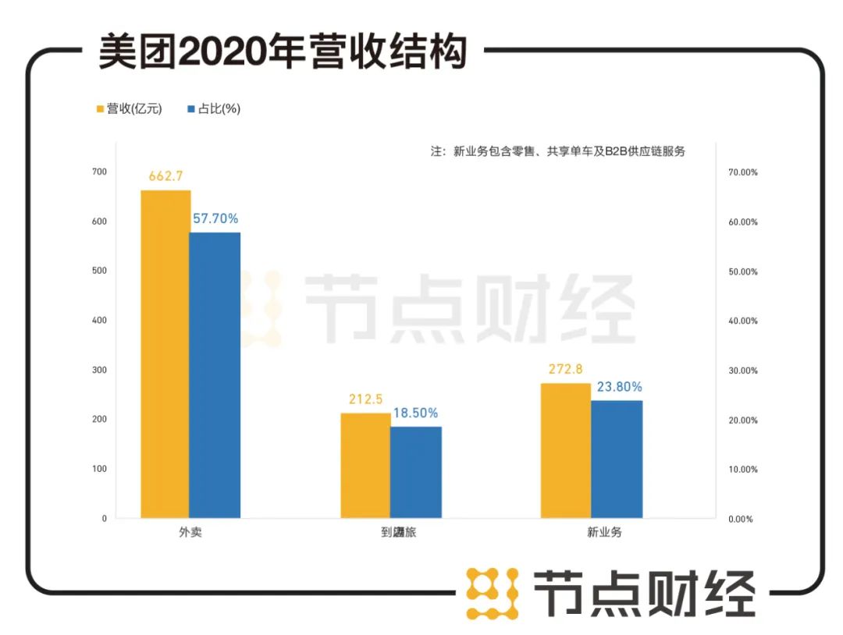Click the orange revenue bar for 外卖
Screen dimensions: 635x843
(x=165, y=354)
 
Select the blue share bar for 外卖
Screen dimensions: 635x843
(x=215, y=375)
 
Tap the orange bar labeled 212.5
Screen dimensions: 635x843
(x=365, y=466)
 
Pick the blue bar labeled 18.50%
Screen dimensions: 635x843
(x=415, y=472)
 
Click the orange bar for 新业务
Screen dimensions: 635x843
(x=566, y=451)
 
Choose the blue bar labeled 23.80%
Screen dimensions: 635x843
(x=617, y=459)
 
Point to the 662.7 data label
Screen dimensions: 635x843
(x=165, y=176)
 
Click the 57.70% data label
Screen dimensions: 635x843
(x=215, y=219)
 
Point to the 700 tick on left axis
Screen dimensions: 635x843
(x=100, y=172)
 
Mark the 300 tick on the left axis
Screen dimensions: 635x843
(x=100, y=370)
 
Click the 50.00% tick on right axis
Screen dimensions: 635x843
(x=742, y=271)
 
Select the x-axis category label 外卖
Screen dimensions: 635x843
(x=190, y=534)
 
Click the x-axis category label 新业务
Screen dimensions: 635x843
(x=592, y=534)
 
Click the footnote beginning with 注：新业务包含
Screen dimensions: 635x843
(x=557, y=151)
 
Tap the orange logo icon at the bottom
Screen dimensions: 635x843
(x=493, y=594)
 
